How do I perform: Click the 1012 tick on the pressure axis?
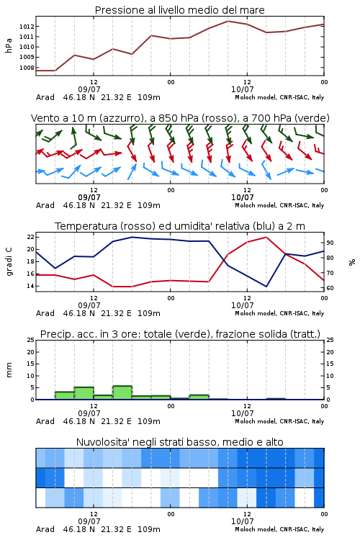[27, 27]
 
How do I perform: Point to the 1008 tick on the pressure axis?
[27, 68]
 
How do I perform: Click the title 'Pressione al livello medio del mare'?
[180, 10]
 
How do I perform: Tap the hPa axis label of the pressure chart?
[9, 45]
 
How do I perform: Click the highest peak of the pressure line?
[228, 21]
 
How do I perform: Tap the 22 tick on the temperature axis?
[31, 237]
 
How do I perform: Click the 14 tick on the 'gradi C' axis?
[31, 286]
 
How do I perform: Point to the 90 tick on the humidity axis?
[330, 243]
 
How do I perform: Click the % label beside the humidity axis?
[352, 262]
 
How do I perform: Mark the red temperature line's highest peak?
[266, 237]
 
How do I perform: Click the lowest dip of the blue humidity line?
[266, 286]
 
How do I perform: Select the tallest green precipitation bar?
[122, 392]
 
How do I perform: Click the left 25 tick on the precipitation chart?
[31, 340]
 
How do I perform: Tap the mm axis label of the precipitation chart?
[9, 370]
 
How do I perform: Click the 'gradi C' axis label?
[9, 261]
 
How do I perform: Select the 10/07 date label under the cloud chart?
[243, 521]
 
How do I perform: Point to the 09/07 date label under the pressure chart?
[89, 89]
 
